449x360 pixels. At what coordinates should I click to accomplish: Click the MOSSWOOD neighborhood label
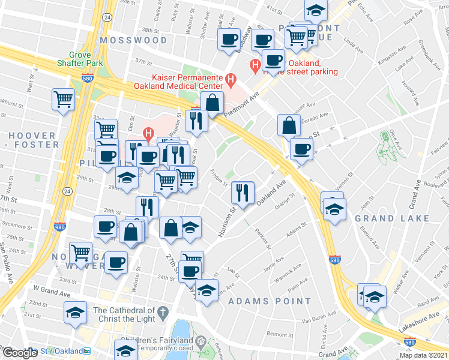[134, 40]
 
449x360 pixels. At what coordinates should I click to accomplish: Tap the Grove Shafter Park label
[81, 58]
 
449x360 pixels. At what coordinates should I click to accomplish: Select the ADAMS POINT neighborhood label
[270, 301]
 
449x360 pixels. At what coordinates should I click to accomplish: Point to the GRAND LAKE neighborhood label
[392, 218]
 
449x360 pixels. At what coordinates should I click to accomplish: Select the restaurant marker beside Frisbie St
[243, 192]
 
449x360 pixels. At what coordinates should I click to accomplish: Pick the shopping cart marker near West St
[63, 99]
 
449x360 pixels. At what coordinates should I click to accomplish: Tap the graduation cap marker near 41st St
[315, 10]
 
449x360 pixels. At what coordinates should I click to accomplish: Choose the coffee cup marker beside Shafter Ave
[228, 40]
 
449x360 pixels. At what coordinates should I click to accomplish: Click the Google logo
[20, 352]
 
